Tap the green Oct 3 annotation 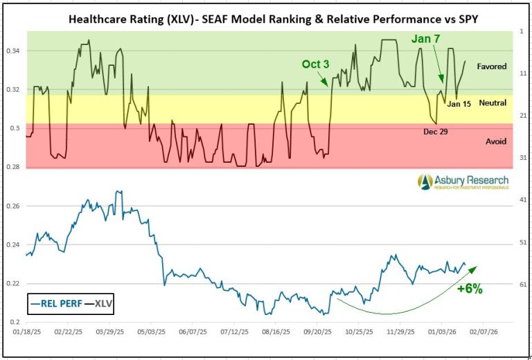[314, 64]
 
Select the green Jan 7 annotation [425, 39]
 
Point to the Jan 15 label [459, 104]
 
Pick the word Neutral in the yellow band [493, 102]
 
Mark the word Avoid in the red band [496, 141]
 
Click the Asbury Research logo [463, 181]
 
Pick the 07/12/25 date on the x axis [236, 333]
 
